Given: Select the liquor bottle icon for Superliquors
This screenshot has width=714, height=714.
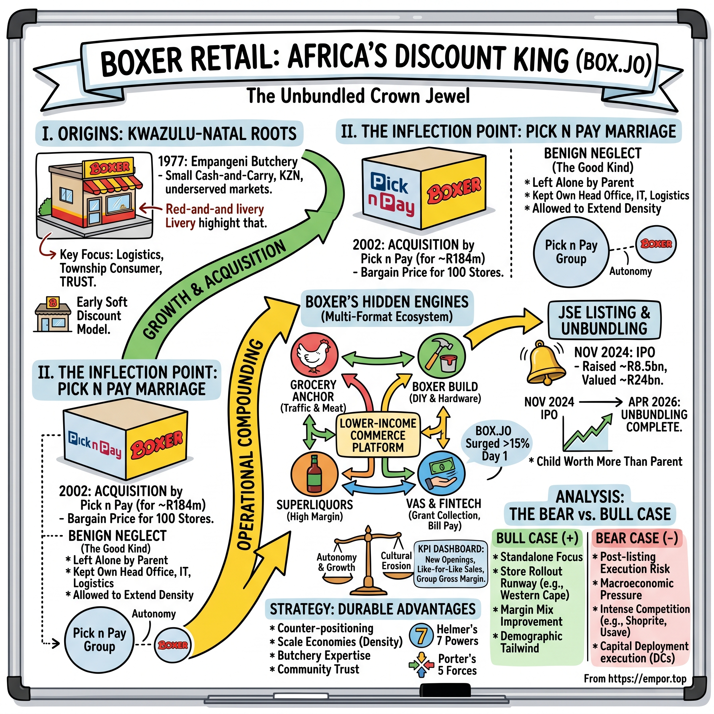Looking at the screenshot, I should click(x=314, y=474).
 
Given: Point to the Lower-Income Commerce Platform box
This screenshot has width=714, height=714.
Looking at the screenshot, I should click(x=378, y=435).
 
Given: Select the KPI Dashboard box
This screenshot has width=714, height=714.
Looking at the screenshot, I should click(x=450, y=563).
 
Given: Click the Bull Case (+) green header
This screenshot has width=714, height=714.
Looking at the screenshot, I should click(x=537, y=538).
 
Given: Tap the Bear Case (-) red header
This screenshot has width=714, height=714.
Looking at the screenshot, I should click(x=636, y=538).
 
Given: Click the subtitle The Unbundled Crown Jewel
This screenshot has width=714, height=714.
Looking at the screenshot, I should click(x=358, y=96).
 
